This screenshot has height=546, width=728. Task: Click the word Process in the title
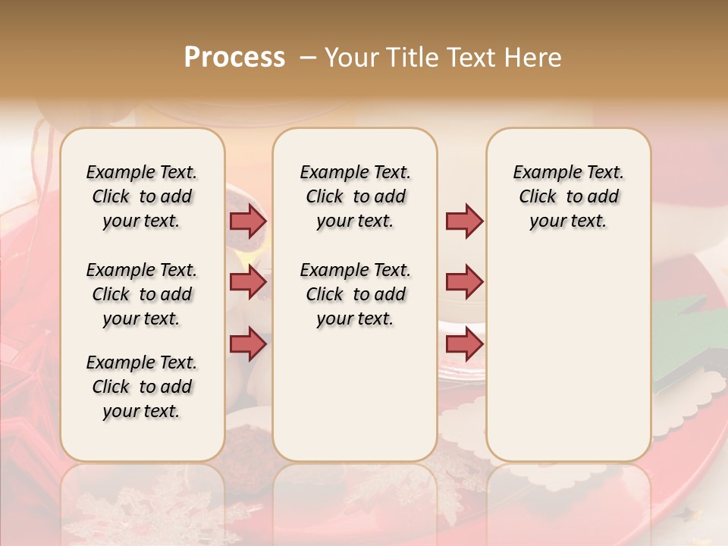click(x=234, y=58)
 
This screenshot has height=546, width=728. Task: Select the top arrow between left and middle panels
click(x=248, y=221)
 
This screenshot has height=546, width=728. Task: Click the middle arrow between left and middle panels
click(x=248, y=283)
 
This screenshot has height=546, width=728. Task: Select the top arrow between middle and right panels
click(x=464, y=221)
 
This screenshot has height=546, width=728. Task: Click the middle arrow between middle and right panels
click(x=464, y=283)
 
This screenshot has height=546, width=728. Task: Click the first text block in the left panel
click(x=142, y=196)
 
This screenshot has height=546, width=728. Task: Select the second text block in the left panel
click(x=142, y=294)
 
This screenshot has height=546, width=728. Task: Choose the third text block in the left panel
click(x=142, y=387)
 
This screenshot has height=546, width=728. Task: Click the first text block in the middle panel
click(x=355, y=196)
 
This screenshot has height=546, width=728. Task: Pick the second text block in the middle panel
click(x=355, y=294)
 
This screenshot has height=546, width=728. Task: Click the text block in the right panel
click(x=568, y=196)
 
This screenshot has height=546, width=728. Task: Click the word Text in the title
click(x=472, y=58)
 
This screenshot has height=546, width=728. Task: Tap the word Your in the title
click(x=351, y=58)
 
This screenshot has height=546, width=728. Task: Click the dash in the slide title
click(x=308, y=58)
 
